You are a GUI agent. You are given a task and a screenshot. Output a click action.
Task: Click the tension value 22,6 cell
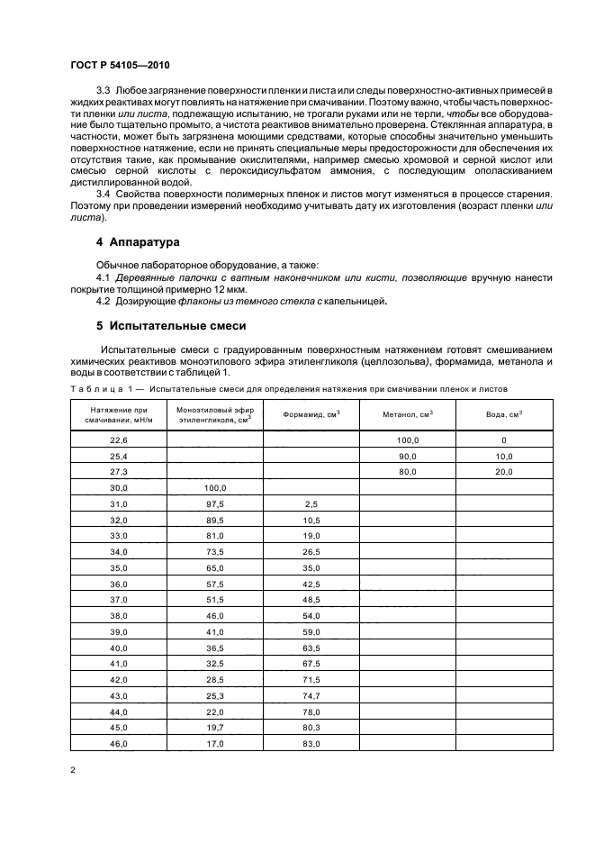click(x=119, y=440)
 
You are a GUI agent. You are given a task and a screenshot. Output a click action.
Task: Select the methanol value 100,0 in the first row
click(x=409, y=440)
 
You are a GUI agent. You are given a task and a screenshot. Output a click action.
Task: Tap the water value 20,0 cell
click(x=503, y=472)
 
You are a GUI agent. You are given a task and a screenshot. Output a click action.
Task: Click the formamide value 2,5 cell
click(x=312, y=503)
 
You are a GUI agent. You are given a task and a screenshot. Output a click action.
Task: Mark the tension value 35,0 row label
click(x=119, y=569)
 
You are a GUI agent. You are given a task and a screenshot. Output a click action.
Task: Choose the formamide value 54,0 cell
click(x=312, y=618)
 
